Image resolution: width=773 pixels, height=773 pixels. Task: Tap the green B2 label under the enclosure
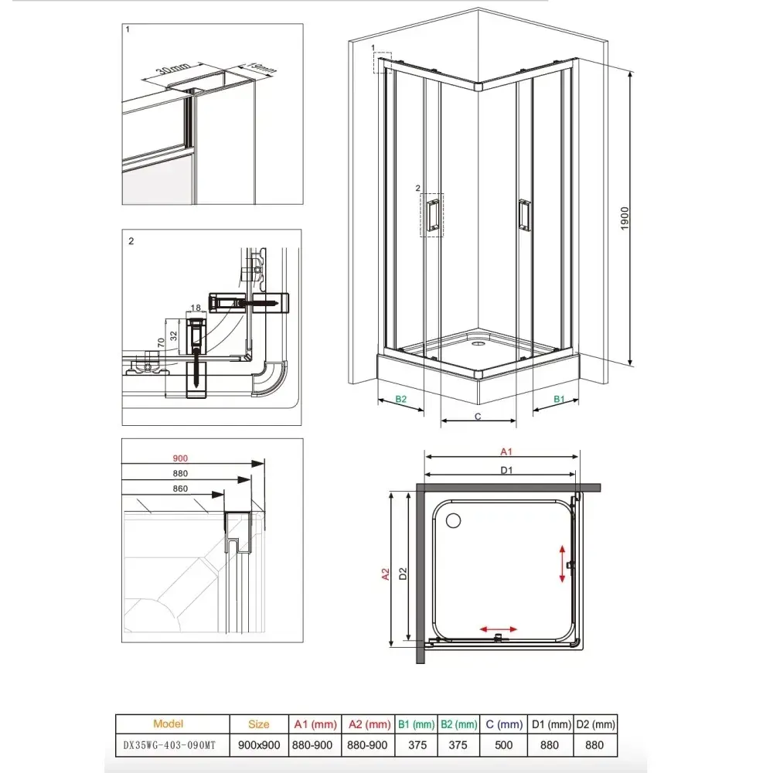pyautogui.click(x=400, y=399)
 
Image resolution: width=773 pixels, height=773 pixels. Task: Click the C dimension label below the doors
pyautogui.click(x=478, y=416)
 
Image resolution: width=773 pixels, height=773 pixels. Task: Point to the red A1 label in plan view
pyautogui.click(x=507, y=451)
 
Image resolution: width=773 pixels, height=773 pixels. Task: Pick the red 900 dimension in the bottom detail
pyautogui.click(x=180, y=458)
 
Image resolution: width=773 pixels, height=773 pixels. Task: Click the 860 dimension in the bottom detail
pyautogui.click(x=180, y=489)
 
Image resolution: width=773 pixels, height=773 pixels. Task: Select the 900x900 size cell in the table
pyautogui.click(x=259, y=745)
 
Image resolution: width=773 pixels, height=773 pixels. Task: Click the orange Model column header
pyautogui.click(x=169, y=724)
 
